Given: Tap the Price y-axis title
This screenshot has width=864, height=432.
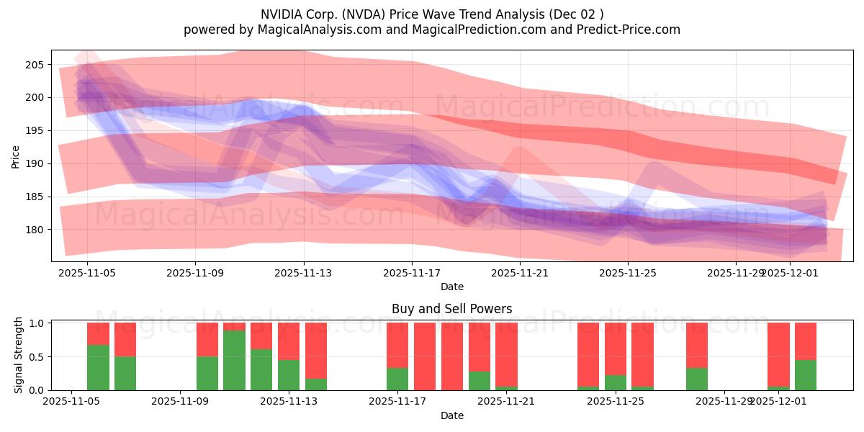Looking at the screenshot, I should (16, 156).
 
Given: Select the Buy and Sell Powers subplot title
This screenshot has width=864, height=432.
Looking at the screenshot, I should (451, 309).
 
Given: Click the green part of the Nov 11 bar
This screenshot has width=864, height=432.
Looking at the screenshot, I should (234, 360).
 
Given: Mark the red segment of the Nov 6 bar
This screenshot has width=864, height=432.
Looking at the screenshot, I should (98, 333).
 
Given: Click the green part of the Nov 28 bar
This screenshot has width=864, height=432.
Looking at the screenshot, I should (696, 379).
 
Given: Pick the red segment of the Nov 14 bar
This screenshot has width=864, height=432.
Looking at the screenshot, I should (316, 349).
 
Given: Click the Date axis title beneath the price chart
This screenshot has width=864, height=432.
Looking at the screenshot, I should (451, 287).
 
